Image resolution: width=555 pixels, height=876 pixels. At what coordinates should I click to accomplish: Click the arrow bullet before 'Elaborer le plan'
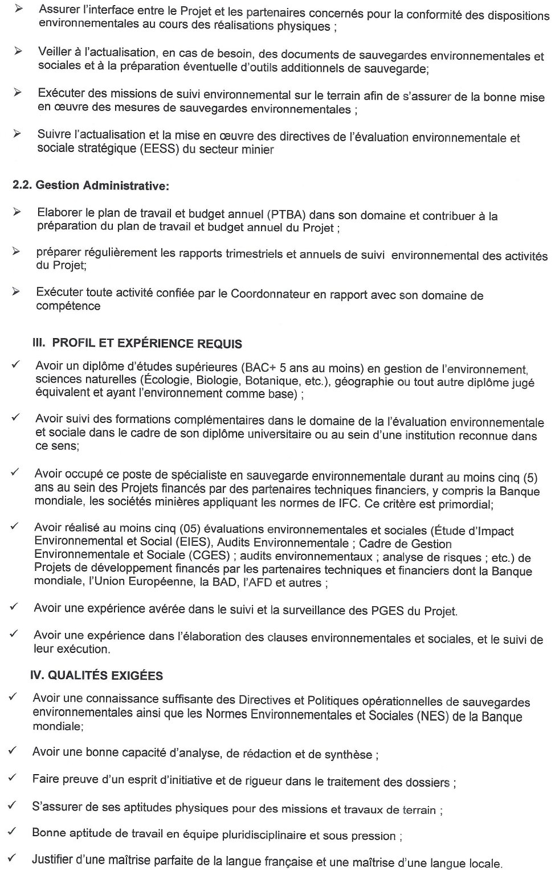(18, 212)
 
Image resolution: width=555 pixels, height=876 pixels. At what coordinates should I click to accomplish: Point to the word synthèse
(348, 755)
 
